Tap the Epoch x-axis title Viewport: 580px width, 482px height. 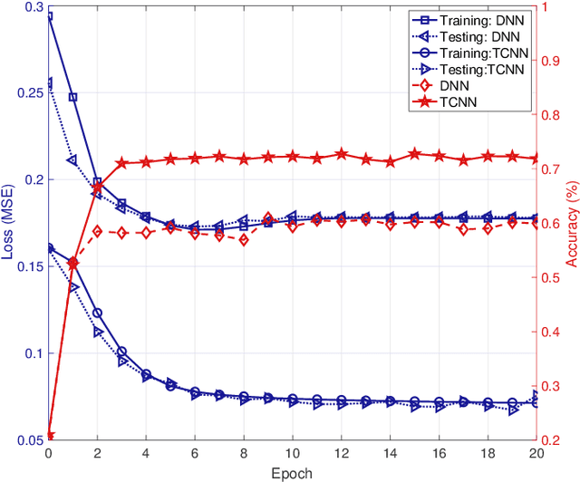[293, 472]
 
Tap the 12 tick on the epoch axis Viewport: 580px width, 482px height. [341, 453]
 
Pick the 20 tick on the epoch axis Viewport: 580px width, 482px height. [536, 453]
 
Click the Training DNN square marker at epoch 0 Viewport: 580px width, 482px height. [49, 16]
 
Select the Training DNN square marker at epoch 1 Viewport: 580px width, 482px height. [73, 97]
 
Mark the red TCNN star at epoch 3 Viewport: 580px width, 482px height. [121, 163]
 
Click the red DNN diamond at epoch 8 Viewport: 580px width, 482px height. [244, 240]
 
